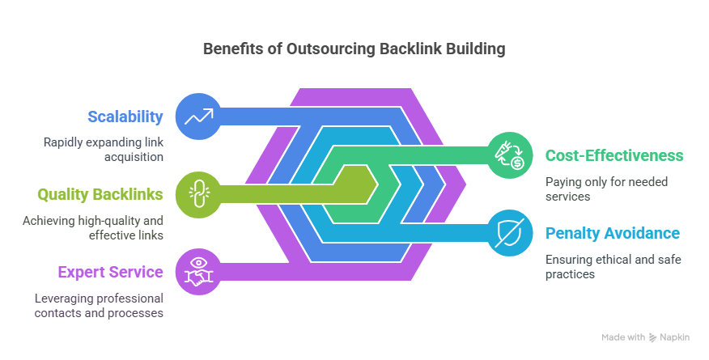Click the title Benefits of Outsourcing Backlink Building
click(354, 49)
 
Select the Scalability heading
click(125, 116)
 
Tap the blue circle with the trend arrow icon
click(198, 116)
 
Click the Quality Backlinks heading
click(100, 194)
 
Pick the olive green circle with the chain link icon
click(198, 194)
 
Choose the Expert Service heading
click(110, 272)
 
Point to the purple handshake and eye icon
click(198, 272)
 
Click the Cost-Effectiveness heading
click(614, 155)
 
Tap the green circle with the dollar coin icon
click(510, 155)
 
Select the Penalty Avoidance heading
click(613, 233)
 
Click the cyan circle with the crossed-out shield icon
click(510, 233)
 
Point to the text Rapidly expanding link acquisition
click(104, 150)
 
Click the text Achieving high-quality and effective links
click(93, 227)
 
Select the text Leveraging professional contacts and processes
click(99, 306)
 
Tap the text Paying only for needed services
click(606, 188)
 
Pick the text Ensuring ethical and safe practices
click(613, 266)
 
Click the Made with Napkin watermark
click(645, 337)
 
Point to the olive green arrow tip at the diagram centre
click(377, 184)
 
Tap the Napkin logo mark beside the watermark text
click(652, 337)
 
